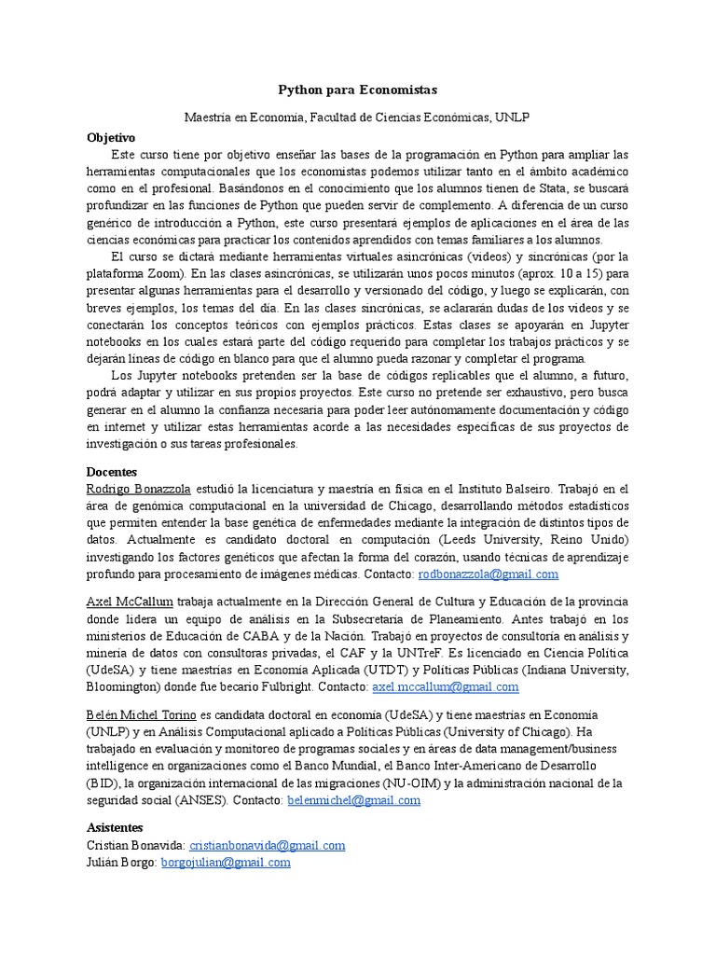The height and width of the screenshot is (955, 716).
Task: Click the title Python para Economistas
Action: (358, 90)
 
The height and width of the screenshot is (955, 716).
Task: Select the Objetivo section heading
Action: (111, 136)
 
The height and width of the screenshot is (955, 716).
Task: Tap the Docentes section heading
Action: (111, 472)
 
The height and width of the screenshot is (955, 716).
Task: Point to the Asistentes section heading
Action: (115, 827)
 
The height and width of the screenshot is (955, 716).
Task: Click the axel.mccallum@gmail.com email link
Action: (445, 686)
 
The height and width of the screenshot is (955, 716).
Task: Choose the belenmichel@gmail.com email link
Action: (353, 800)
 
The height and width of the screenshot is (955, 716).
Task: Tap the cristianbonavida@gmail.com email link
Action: (267, 845)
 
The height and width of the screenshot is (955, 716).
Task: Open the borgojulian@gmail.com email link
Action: (226, 863)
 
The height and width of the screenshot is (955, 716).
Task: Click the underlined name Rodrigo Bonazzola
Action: (138, 489)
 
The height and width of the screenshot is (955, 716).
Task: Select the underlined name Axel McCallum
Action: (130, 602)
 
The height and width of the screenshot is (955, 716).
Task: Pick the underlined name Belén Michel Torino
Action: (141, 714)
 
